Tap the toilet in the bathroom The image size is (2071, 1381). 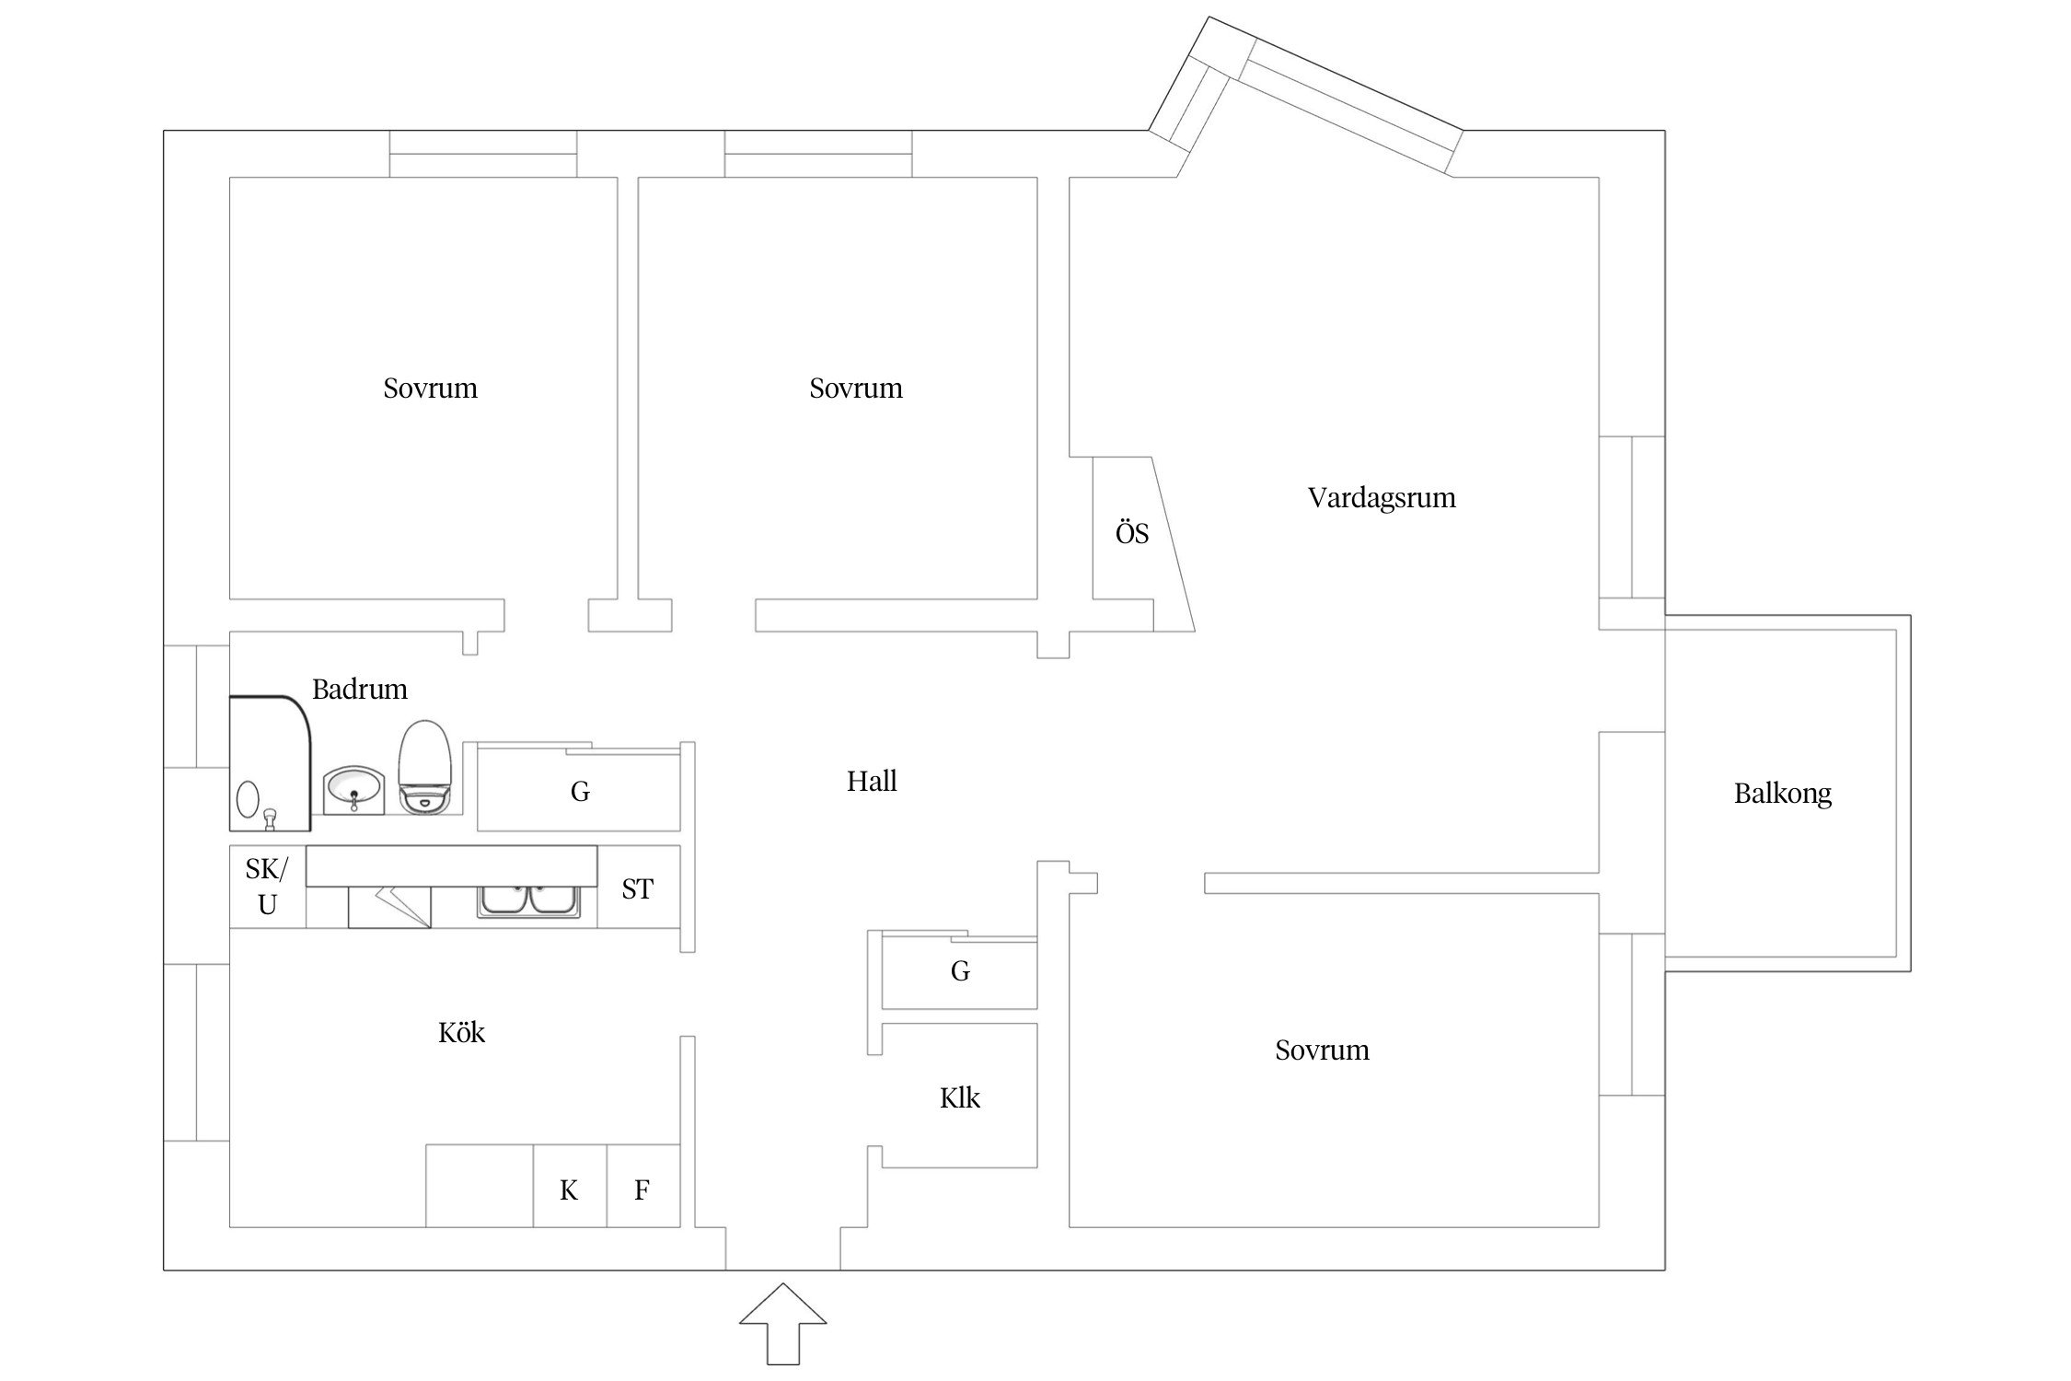[x=423, y=767]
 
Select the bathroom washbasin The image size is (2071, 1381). [x=353, y=791]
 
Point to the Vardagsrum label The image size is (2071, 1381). [x=1382, y=498]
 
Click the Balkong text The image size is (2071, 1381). [x=1782, y=793]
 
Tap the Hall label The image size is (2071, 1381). [x=871, y=782]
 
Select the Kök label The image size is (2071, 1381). [x=461, y=1033]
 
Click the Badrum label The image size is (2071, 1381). [x=359, y=689]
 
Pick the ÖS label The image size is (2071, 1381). [x=1131, y=534]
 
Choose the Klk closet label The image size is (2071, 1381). [x=959, y=1097]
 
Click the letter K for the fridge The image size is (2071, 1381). [x=569, y=1190]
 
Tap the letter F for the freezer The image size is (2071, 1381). [x=642, y=1190]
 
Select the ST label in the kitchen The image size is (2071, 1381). [x=637, y=888]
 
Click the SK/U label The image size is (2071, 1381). [x=267, y=887]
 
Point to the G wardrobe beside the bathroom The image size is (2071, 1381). [x=580, y=791]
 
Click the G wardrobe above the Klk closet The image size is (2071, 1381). [x=959, y=970]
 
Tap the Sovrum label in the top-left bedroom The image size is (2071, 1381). [x=430, y=389]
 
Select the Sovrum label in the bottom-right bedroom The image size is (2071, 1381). [x=1322, y=1050]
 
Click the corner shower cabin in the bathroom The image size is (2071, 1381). [x=268, y=763]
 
